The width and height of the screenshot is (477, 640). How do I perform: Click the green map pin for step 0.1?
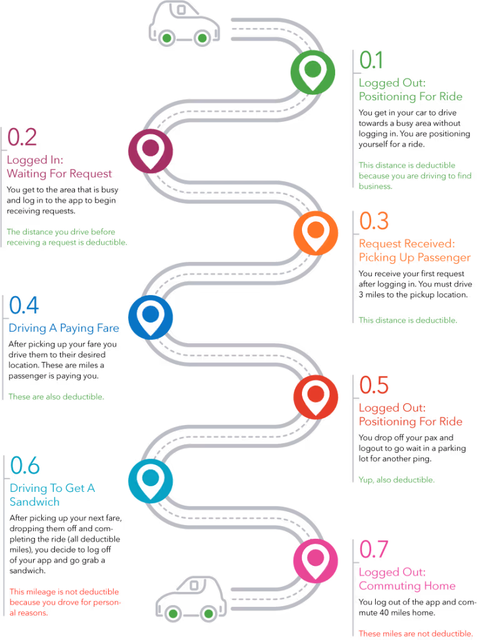(x=313, y=72)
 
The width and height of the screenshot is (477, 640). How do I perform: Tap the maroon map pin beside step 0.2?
(x=150, y=150)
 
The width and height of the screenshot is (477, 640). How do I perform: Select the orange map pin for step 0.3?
(x=316, y=232)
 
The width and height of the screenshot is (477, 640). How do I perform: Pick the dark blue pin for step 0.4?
(x=150, y=316)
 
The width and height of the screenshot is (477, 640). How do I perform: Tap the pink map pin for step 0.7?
(x=316, y=559)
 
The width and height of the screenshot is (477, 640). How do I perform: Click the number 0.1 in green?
(x=371, y=60)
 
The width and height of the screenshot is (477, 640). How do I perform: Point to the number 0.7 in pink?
(x=374, y=549)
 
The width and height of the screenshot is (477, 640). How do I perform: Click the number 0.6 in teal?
(x=26, y=466)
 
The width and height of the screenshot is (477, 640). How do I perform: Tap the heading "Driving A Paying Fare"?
(x=64, y=328)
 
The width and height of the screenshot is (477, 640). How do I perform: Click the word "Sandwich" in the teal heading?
(x=35, y=502)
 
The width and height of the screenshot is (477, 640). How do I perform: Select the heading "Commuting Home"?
(x=407, y=586)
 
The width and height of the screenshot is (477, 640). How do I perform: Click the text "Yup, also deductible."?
(x=396, y=480)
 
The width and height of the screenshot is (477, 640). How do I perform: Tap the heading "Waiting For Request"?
(x=59, y=174)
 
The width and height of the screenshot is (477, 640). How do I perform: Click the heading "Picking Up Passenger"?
(x=414, y=258)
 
